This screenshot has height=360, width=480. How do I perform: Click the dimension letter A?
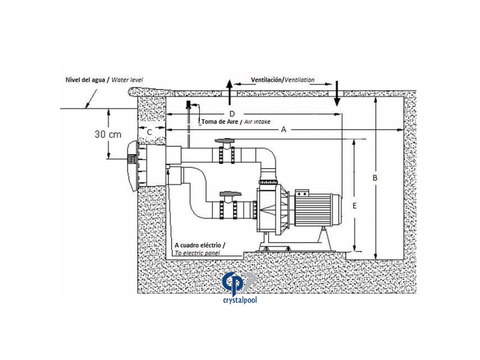[284, 131]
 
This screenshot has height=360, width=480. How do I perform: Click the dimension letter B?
[375, 178]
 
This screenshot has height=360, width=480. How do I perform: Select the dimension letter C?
[149, 132]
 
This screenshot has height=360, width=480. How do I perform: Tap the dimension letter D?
[232, 114]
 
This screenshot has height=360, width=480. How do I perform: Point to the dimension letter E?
[355, 205]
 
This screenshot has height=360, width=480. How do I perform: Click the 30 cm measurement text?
[108, 135]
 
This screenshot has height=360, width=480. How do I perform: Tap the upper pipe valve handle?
[225, 141]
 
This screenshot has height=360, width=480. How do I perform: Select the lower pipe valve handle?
[228, 193]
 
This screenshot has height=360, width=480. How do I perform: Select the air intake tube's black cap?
[187, 104]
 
